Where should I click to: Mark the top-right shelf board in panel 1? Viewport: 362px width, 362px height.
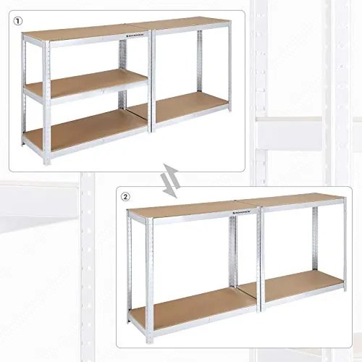point(190,23)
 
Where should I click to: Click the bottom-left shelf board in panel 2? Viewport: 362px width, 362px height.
point(192,307)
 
